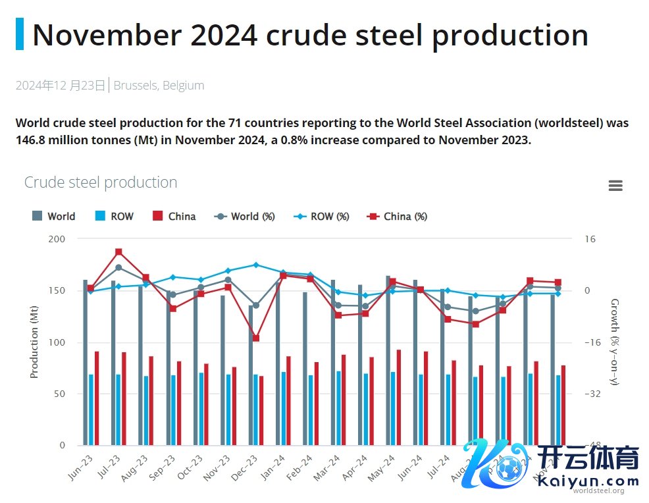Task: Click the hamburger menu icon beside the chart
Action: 615,186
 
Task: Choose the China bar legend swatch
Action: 158,217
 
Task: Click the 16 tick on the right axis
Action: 590,239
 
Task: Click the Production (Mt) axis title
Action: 35,342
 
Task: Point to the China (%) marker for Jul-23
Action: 118,251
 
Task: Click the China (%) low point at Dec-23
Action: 256,338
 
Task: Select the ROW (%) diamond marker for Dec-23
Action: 256,265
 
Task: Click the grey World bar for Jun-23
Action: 86,362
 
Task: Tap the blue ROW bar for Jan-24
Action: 284,408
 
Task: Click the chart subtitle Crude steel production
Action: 101,182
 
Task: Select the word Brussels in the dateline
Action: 135,86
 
